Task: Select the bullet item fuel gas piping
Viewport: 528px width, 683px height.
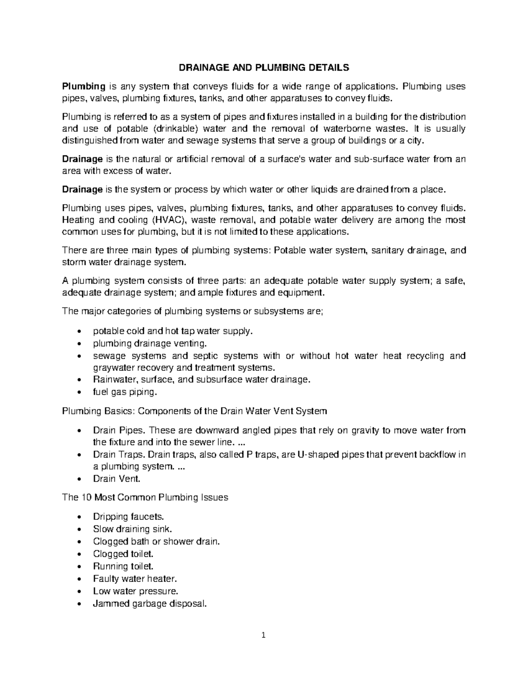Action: tap(125, 392)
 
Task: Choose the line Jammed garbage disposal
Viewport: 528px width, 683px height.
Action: tap(149, 603)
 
